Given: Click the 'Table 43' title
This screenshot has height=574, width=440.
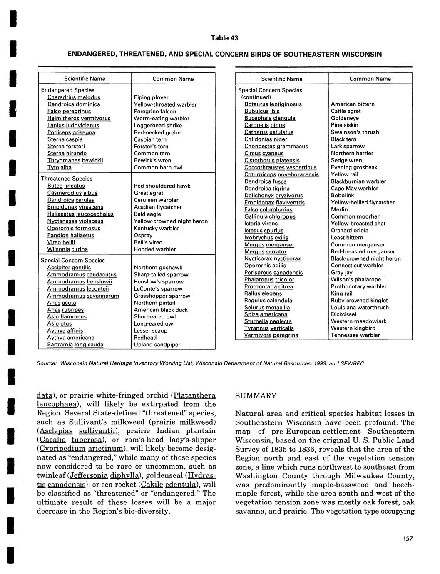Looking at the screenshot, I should click(224, 38).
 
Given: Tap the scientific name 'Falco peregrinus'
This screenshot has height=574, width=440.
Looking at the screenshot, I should click(69, 112).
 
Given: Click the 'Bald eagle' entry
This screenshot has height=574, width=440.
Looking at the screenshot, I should click(147, 214).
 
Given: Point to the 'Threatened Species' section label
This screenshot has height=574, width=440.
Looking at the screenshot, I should click(67, 179).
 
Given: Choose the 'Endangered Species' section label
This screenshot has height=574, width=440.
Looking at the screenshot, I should click(67, 90).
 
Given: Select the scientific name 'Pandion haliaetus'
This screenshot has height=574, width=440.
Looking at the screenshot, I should click(70, 235).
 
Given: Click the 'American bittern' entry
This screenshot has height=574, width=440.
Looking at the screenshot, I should click(353, 104).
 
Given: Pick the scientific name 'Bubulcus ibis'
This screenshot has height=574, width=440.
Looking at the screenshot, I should click(262, 111).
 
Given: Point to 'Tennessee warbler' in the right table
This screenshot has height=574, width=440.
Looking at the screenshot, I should click(355, 335).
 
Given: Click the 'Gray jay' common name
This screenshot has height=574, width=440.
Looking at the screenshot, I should click(341, 272).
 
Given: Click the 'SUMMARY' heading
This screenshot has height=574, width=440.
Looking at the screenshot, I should click(256, 395).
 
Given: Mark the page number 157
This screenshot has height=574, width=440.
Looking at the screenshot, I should click(408, 539).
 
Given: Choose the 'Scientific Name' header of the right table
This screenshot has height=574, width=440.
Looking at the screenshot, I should click(282, 79).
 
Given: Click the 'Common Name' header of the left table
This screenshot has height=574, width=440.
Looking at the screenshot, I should click(173, 79).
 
